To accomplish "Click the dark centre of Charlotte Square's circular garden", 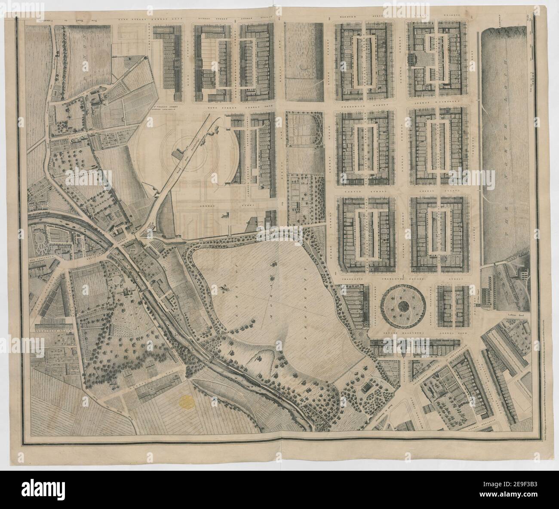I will point(403,306).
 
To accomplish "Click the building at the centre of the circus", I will point(177,153).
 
